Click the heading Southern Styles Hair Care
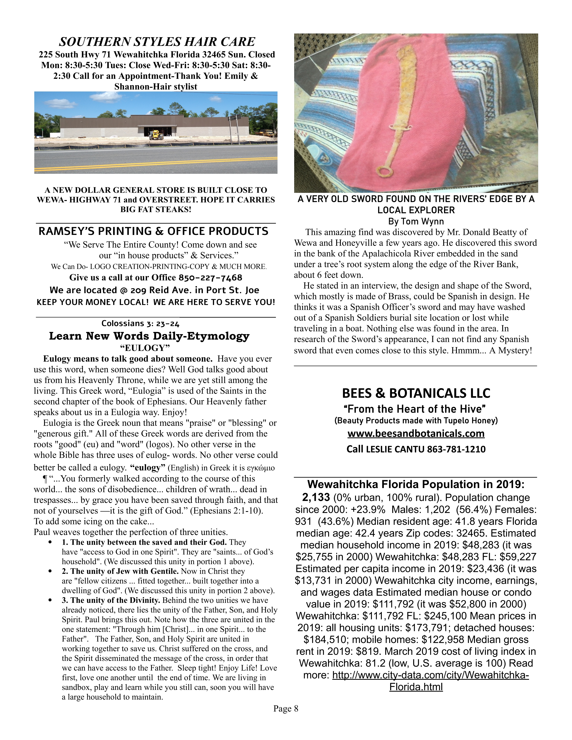coord(157,42)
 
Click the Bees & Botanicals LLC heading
coord(416,393)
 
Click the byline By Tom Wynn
coord(416,221)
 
